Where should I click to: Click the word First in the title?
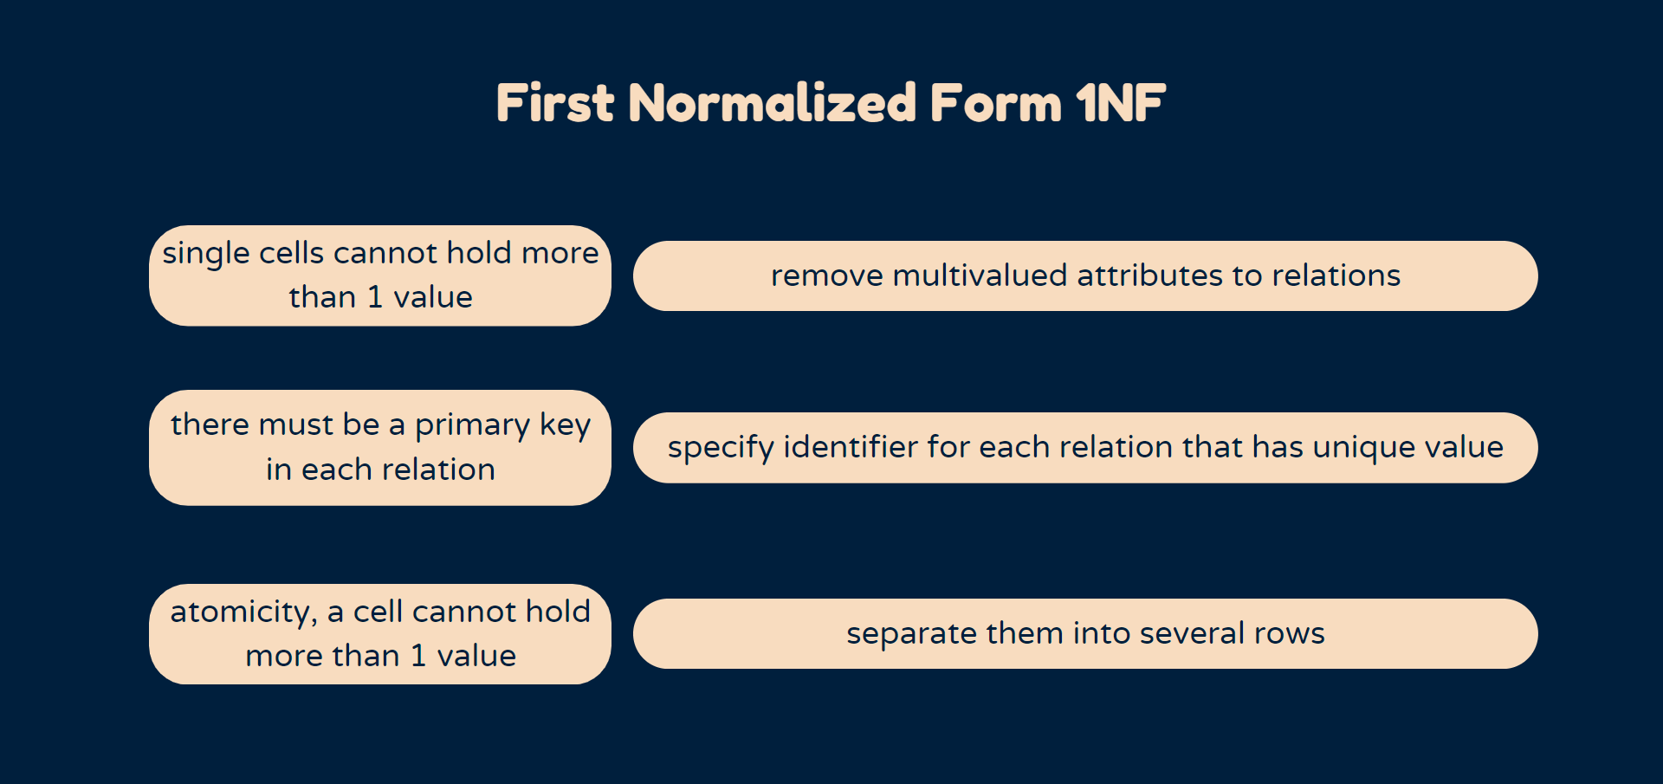point(555,103)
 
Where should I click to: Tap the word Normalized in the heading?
point(773,103)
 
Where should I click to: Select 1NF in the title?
point(1121,103)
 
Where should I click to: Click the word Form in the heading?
point(996,103)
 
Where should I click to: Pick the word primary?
point(472,426)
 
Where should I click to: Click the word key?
point(565,426)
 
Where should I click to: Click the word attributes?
point(1149,275)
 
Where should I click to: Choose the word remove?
point(826,276)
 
